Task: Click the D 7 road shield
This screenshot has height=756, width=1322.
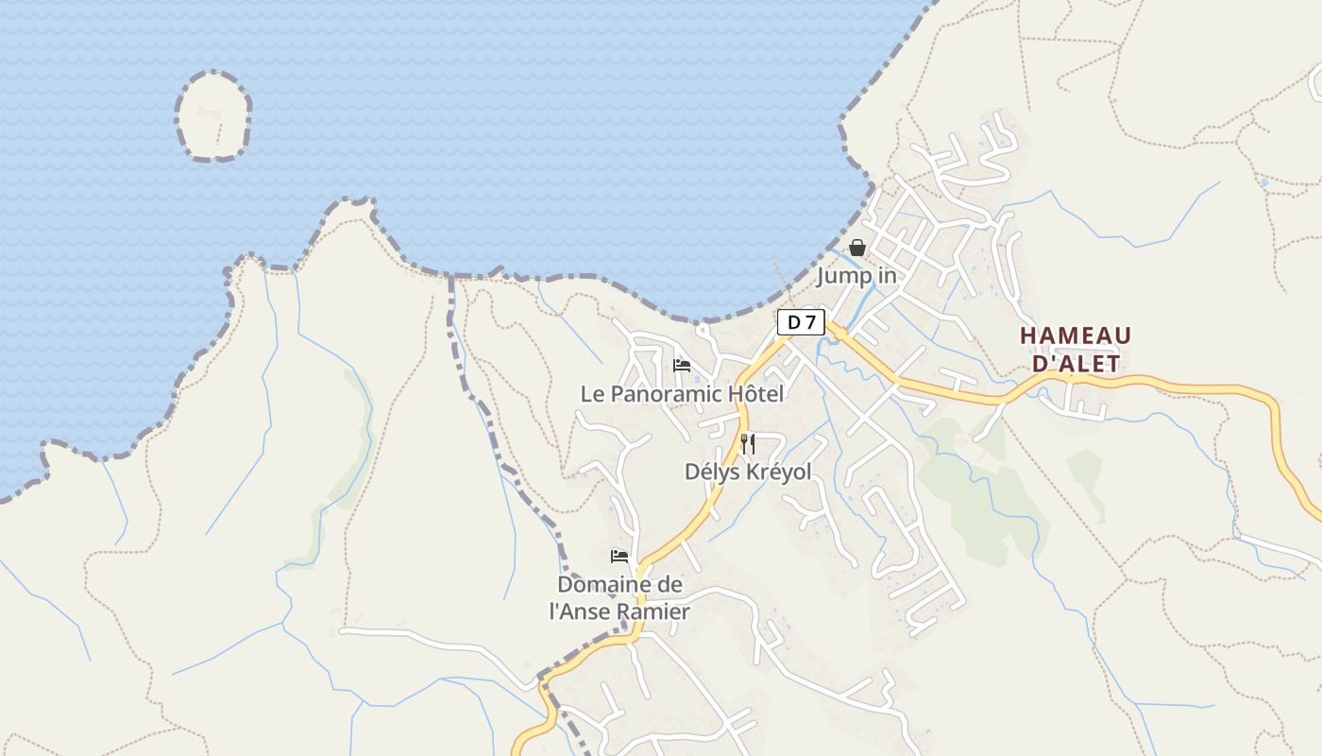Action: coord(801,322)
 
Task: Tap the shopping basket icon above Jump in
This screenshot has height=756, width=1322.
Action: coord(857,248)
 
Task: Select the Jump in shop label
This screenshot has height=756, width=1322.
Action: coord(856,276)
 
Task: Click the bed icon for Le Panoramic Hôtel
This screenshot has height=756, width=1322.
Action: coord(682,366)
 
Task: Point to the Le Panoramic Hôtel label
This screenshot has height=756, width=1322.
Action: coord(682,394)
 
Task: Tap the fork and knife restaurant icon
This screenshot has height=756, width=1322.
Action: coord(747,443)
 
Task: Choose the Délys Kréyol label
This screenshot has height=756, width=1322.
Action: coord(748,472)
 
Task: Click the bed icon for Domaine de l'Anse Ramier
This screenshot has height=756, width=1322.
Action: coord(619,557)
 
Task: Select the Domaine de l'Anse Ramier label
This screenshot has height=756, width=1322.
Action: coord(619,598)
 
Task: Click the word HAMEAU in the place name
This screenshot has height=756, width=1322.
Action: coord(1076,336)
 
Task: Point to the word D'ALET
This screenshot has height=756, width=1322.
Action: coord(1076,364)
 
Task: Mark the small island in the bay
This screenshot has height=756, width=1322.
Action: coord(213,115)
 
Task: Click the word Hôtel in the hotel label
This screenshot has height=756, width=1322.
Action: coord(754,394)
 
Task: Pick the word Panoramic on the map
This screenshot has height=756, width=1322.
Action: coord(666,394)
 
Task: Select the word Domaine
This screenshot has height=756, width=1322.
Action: coord(605,585)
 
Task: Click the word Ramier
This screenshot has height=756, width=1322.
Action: coord(654,611)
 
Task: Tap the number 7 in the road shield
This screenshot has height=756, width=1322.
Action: coord(808,322)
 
